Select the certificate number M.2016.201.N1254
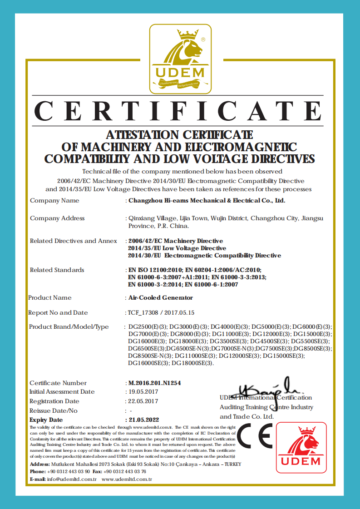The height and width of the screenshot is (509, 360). (x=155, y=383)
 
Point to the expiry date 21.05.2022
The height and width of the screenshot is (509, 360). (x=144, y=420)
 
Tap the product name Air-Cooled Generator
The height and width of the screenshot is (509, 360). (x=161, y=297)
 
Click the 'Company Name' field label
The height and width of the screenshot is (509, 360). (x=54, y=200)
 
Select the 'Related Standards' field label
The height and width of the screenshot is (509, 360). (x=57, y=270)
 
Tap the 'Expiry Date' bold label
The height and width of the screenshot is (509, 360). (x=46, y=420)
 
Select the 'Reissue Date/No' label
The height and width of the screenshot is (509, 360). (x=54, y=410)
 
